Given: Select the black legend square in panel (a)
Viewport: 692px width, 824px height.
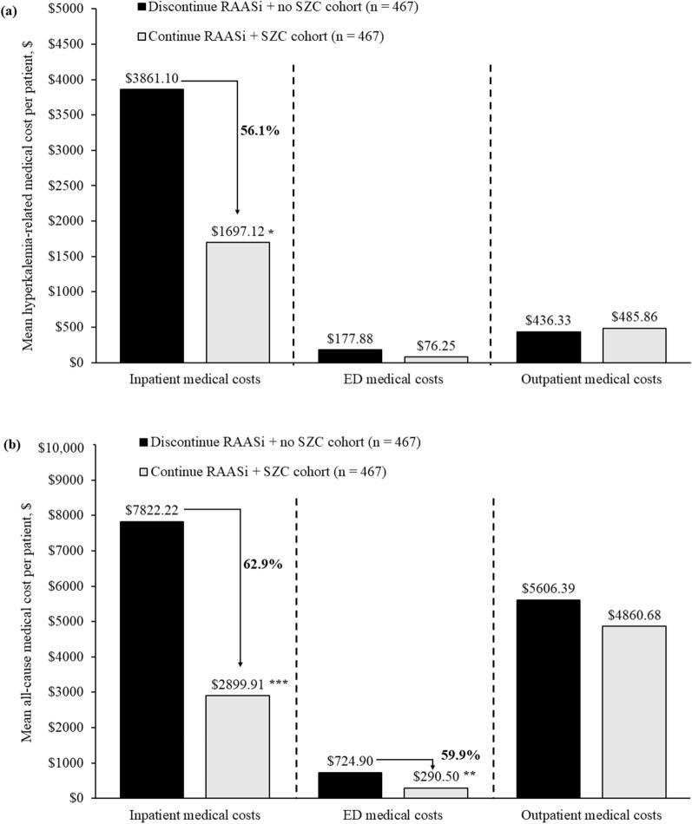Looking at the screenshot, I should (142, 7).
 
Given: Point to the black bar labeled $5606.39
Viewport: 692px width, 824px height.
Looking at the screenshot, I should (547, 698).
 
